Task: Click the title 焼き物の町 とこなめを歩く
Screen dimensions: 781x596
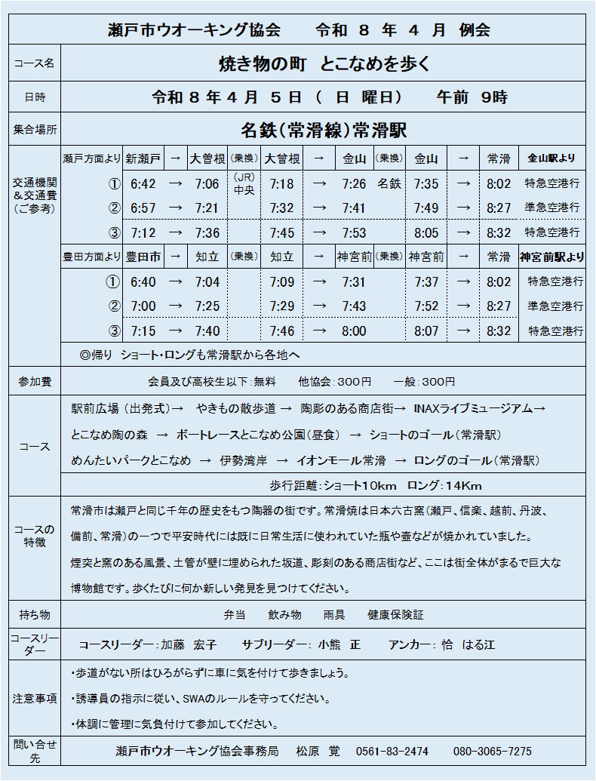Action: pos(323,64)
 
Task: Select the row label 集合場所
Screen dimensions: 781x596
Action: pos(35,130)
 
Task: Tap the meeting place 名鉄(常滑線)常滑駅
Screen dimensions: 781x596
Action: pos(323,130)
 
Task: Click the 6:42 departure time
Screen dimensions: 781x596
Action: pos(143,183)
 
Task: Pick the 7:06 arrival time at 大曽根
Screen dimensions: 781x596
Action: pos(207,183)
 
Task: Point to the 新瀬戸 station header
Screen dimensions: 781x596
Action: pos(143,158)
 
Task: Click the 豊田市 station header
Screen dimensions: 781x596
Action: pos(143,257)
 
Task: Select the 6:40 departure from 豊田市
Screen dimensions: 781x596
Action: pos(143,282)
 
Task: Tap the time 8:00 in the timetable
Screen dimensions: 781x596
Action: pos(353,331)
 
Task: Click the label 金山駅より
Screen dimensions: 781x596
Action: pos(551,158)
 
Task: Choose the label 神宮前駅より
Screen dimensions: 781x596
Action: pos(551,257)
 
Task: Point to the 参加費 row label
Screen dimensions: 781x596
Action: pos(35,382)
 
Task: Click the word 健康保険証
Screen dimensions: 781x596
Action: pos(395,615)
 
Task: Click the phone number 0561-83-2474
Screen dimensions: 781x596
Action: pos(392,752)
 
